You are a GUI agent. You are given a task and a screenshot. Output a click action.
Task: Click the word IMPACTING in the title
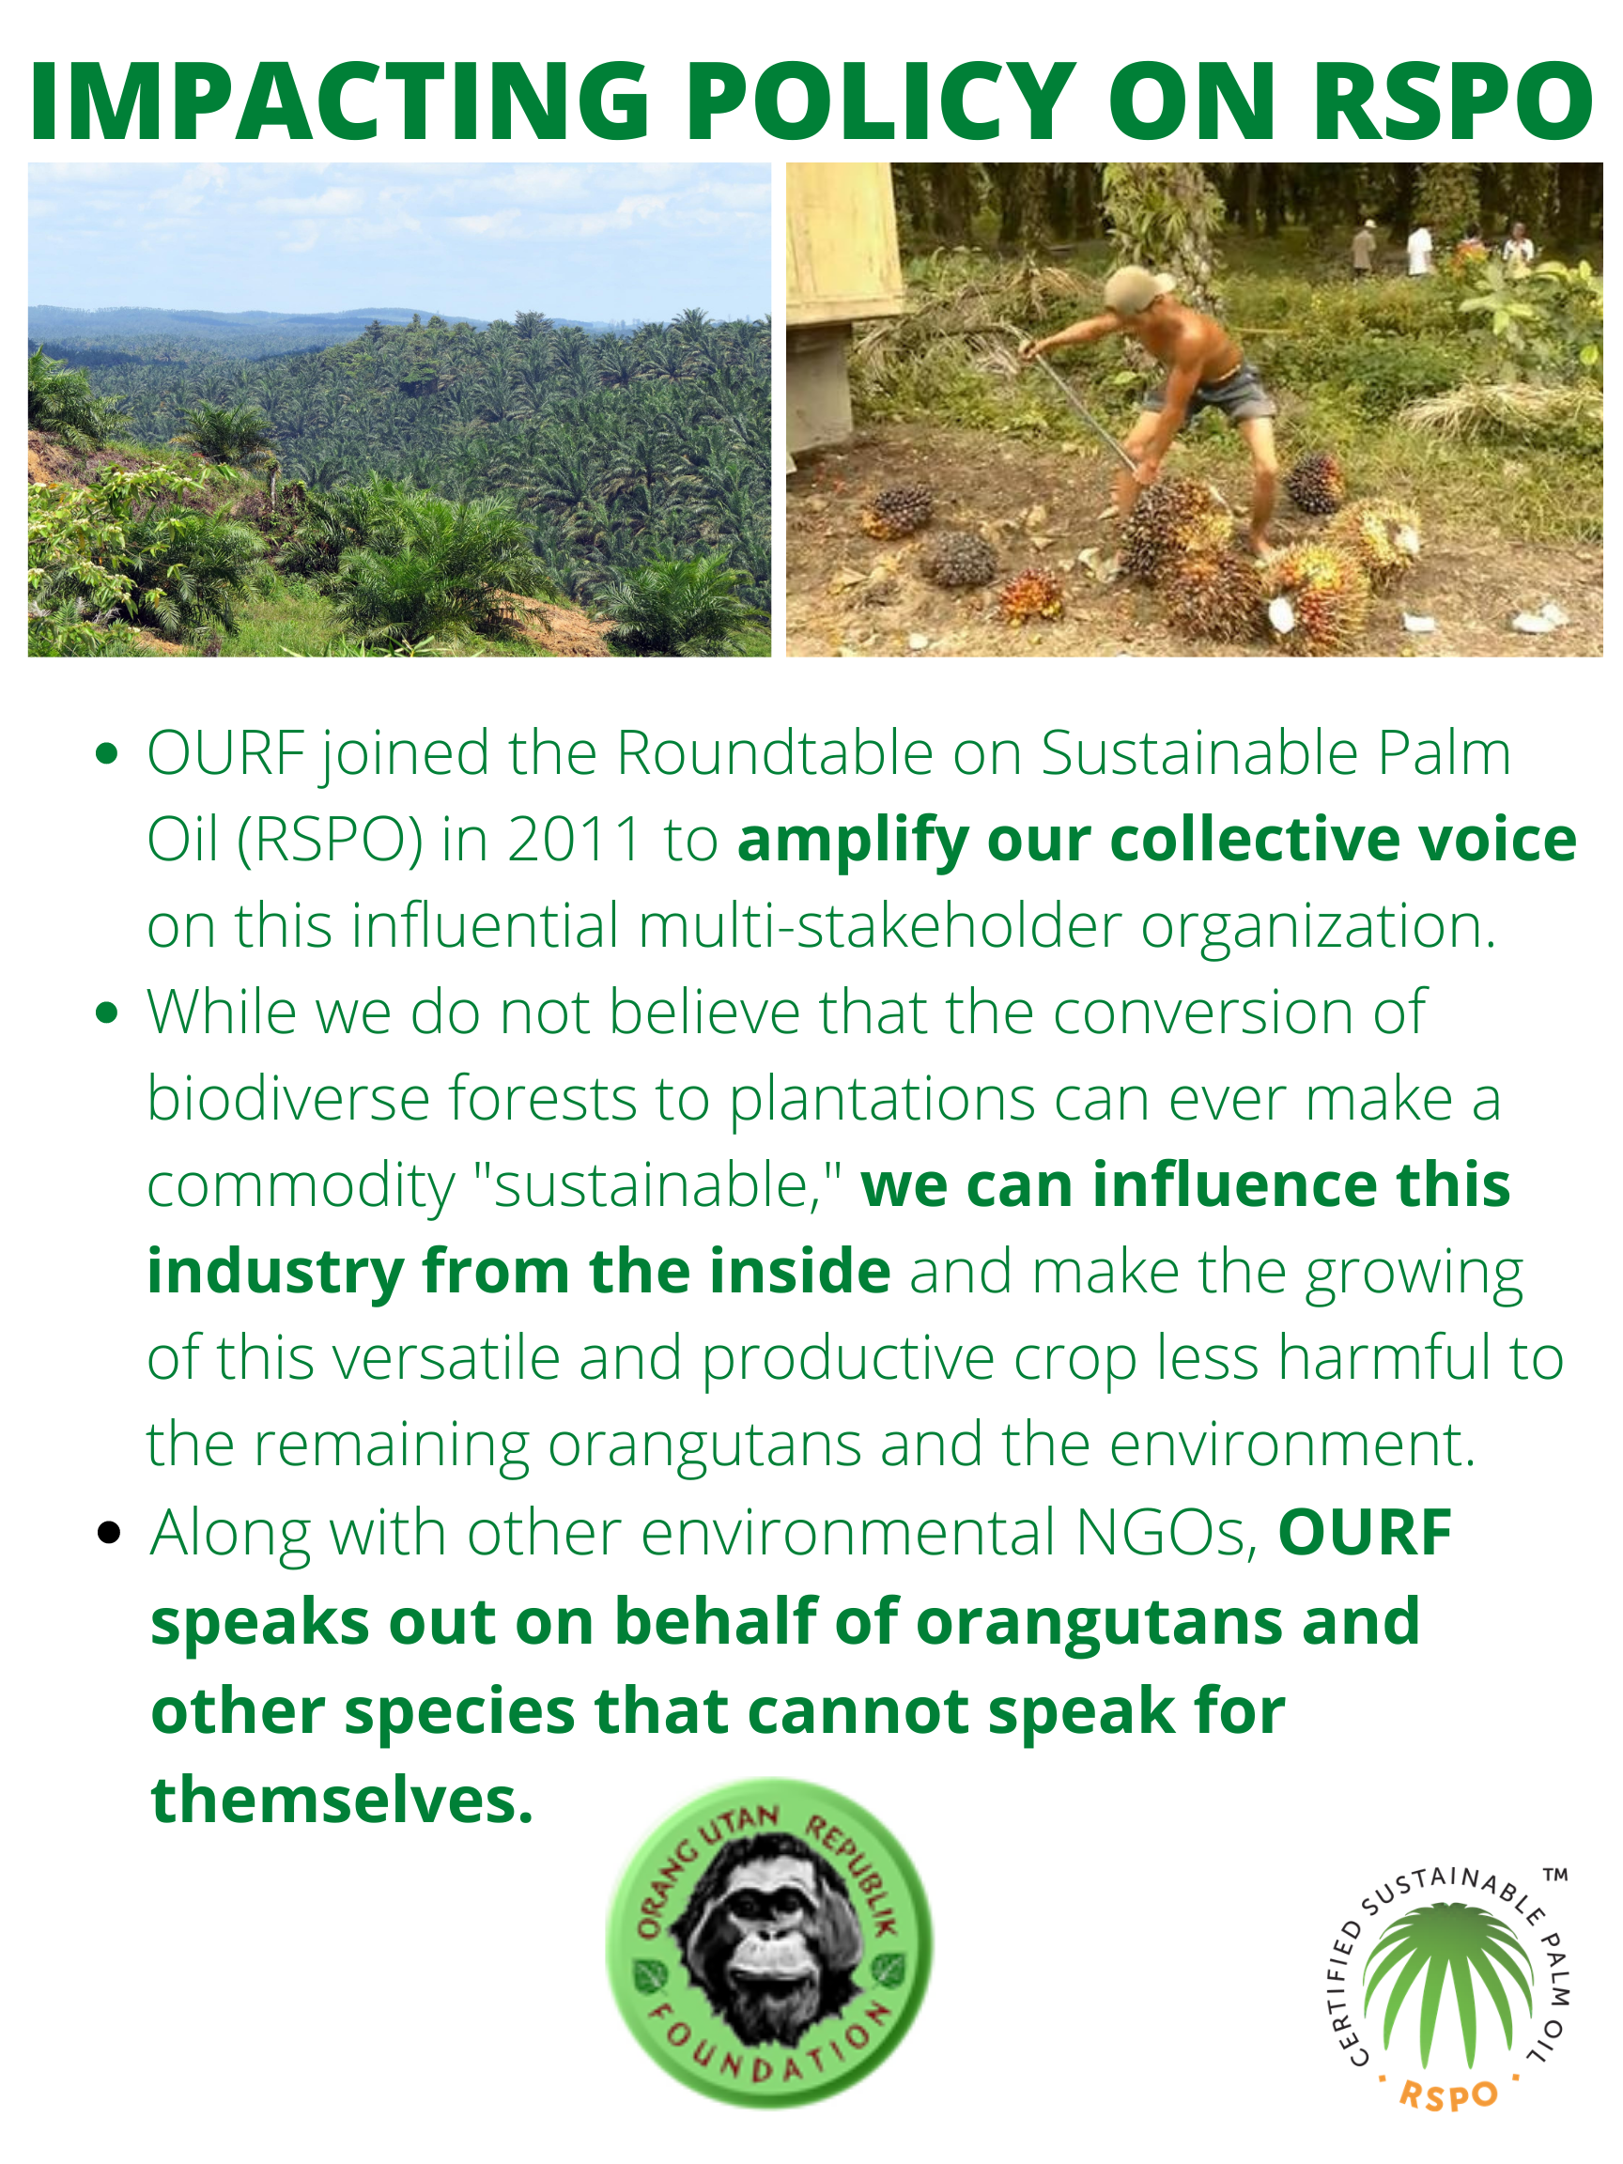(340, 100)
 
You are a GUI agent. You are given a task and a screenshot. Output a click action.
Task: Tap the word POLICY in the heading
(881, 100)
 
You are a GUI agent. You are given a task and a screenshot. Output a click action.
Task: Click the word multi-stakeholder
(879, 925)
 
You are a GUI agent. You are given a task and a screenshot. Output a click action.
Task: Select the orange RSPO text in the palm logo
(1449, 2094)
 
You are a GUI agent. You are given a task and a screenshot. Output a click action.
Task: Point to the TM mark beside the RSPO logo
(1555, 1877)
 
